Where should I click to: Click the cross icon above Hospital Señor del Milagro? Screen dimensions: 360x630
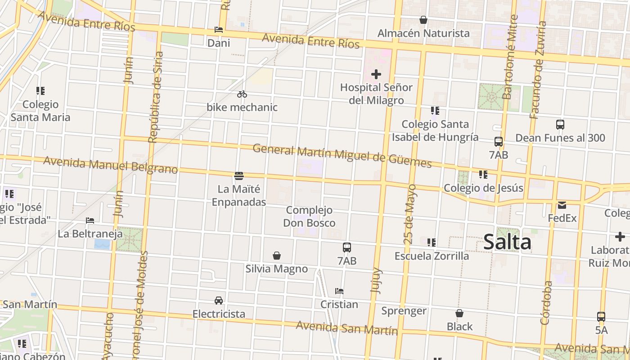376,74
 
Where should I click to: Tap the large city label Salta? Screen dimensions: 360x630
507,242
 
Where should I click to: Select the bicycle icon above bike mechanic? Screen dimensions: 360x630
242,94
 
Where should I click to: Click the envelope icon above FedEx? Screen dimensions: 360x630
562,205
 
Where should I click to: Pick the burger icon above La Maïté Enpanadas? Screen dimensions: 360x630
239,175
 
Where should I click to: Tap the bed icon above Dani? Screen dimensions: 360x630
219,30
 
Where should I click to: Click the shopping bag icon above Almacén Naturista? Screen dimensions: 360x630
423,20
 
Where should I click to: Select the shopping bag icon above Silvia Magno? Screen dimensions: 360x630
277,256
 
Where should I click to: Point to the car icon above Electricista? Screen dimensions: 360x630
219,300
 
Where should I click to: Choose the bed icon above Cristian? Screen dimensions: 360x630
339,291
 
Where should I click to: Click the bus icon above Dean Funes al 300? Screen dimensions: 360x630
560,125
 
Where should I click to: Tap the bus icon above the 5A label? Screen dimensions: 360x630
601,316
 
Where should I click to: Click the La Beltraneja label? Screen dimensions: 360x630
90,234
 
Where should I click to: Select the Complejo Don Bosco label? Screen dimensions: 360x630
309,216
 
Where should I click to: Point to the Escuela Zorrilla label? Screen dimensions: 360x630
432,256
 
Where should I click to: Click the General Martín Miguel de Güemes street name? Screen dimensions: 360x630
342,156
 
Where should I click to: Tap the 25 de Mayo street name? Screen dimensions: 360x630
410,214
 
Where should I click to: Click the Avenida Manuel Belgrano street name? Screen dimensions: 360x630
111,165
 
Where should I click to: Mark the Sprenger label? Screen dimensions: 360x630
404,311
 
